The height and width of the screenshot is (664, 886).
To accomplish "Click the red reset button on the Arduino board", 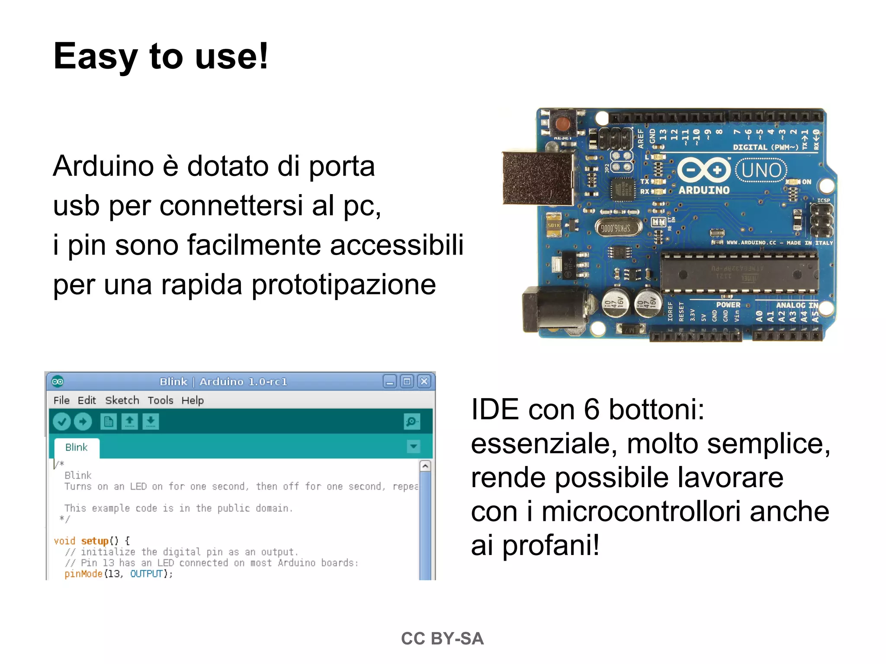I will click(562, 124).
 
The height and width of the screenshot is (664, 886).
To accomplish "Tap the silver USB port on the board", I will click(538, 178).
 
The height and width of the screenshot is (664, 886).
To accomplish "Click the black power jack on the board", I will click(554, 310).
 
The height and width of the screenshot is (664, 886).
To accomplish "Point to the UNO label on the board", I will click(761, 170).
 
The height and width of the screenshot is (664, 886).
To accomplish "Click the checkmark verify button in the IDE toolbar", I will click(62, 421).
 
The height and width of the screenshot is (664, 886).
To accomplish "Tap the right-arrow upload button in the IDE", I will click(83, 421).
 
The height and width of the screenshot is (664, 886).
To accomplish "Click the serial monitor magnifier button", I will click(411, 421).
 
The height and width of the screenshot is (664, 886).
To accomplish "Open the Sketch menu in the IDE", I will click(122, 400).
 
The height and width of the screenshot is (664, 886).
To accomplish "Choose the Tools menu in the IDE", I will click(160, 400).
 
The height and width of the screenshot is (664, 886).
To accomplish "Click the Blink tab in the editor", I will click(77, 447).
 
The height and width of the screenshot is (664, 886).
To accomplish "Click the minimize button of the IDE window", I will click(389, 382).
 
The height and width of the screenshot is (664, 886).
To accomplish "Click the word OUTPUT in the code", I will click(146, 574).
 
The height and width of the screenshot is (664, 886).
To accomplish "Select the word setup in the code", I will click(94, 541).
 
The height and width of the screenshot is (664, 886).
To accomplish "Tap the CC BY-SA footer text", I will click(442, 638).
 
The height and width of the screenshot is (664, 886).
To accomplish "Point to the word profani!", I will click(551, 545).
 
